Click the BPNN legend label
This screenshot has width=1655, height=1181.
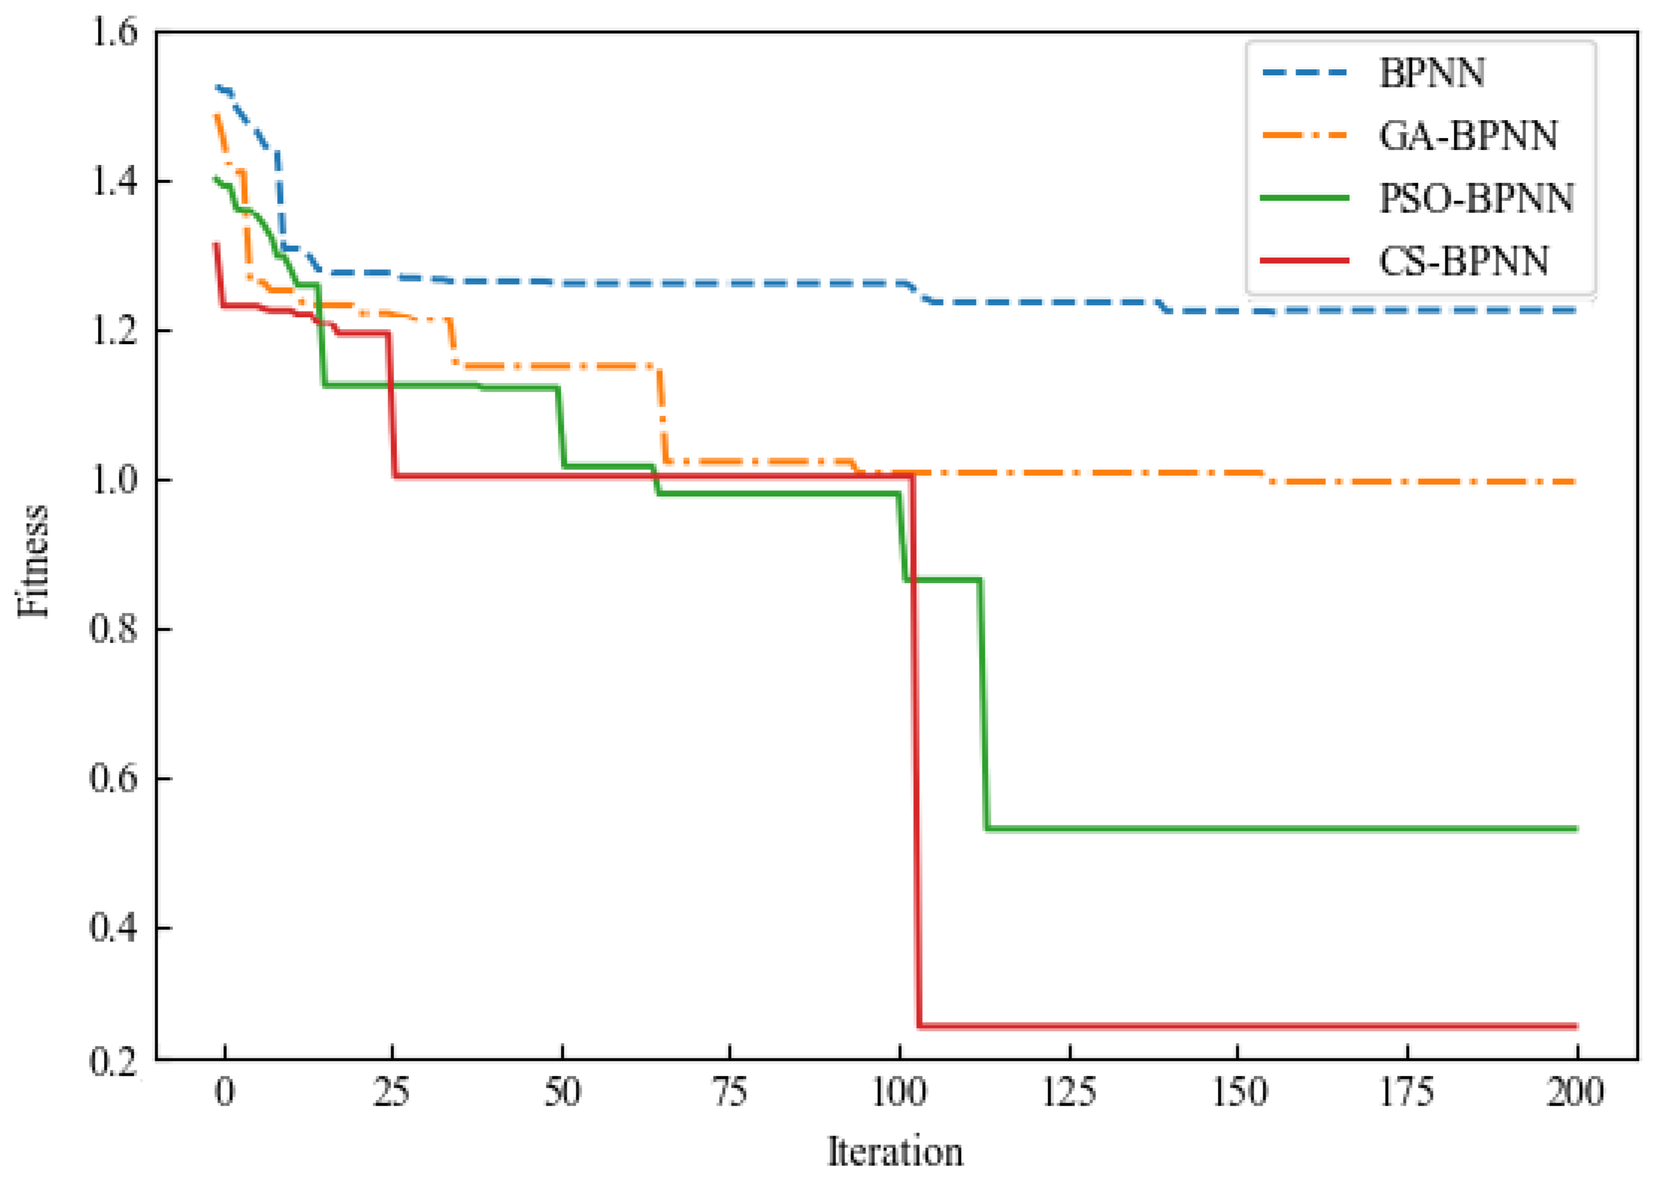pyautogui.click(x=1431, y=73)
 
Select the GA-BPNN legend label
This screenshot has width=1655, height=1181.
pyautogui.click(x=1467, y=136)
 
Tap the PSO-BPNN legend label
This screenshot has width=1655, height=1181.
pyautogui.click(x=1476, y=198)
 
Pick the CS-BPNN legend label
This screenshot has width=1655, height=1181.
pyautogui.click(x=1463, y=261)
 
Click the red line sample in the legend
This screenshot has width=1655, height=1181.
pyautogui.click(x=1304, y=260)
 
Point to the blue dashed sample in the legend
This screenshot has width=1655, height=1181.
pyautogui.click(x=1304, y=73)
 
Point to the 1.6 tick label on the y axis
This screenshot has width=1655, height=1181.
pyautogui.click(x=113, y=33)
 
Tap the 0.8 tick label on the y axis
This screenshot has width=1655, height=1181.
pyautogui.click(x=113, y=628)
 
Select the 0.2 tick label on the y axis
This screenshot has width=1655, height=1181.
pyautogui.click(x=113, y=1062)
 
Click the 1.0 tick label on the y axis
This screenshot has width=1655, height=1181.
pyautogui.click(x=113, y=480)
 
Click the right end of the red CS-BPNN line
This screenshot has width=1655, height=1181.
pyautogui.click(x=1576, y=1026)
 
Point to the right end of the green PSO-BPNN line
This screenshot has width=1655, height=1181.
pyautogui.click(x=1576, y=829)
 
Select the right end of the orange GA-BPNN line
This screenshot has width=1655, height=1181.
pyautogui.click(x=1574, y=481)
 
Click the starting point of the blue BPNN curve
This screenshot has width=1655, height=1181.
pyautogui.click(x=216, y=87)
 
